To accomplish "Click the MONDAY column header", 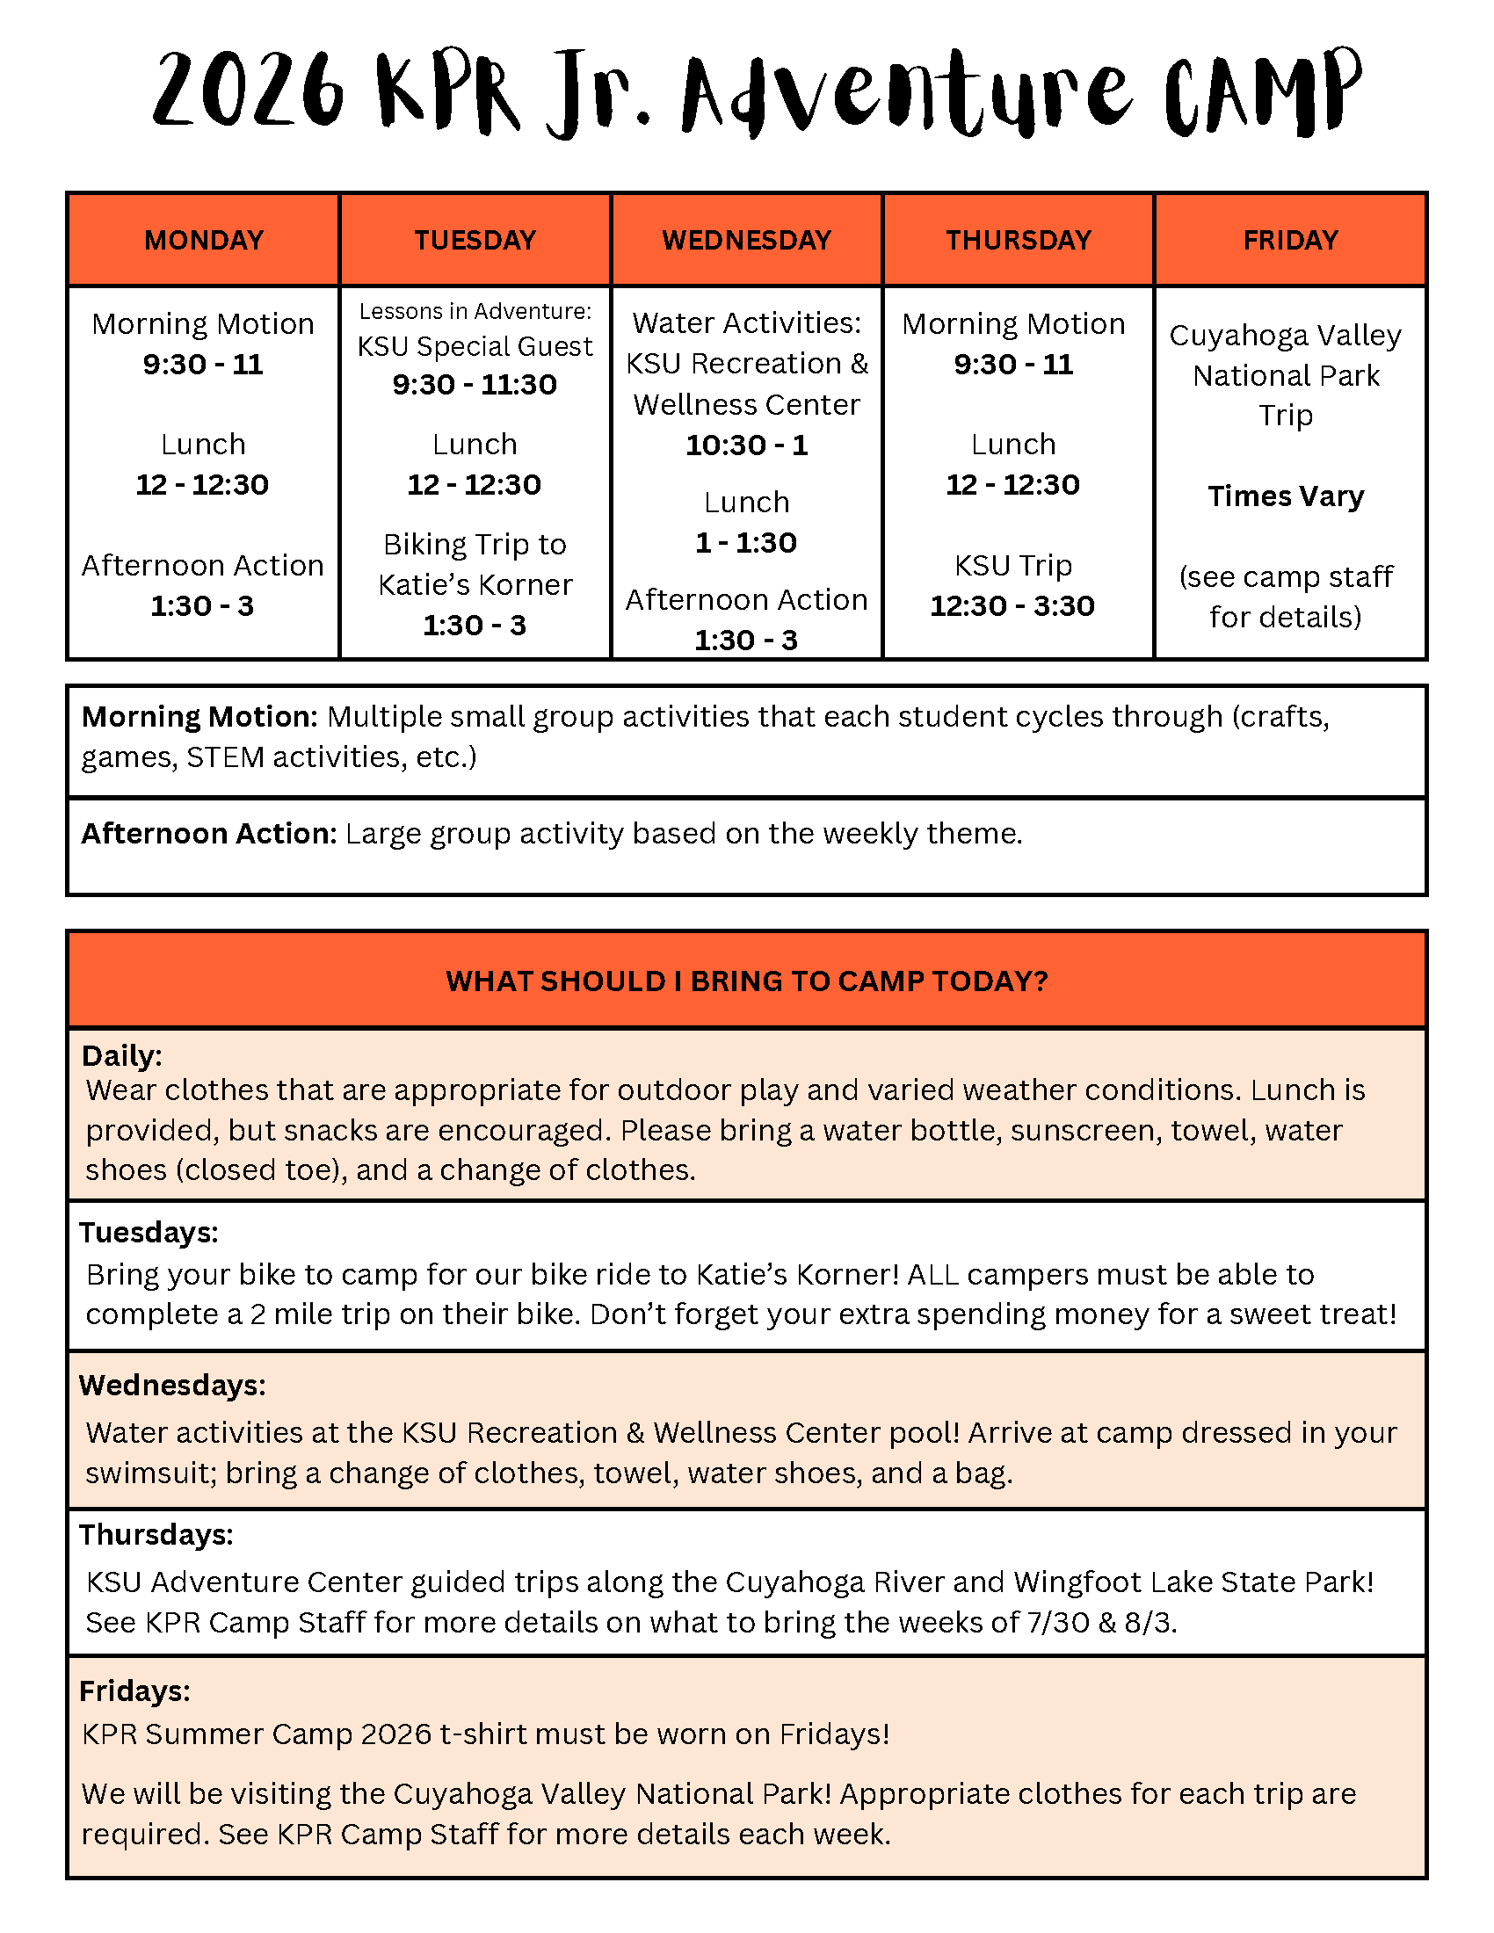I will [x=204, y=240].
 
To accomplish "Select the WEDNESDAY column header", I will [x=746, y=240].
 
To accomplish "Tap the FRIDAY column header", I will [x=1289, y=240].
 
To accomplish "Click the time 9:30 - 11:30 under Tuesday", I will [x=475, y=385].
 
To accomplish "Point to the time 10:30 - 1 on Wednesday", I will [x=746, y=445].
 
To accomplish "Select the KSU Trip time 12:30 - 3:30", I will [x=1012, y=606].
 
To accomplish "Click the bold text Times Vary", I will [x=1285, y=496].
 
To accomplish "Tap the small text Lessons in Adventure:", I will [x=475, y=312].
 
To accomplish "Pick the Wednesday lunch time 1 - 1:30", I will [x=746, y=542].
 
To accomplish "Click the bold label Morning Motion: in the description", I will [x=199, y=717].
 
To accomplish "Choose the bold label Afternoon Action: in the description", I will [x=209, y=834].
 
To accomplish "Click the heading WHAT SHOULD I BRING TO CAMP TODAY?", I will [x=746, y=981].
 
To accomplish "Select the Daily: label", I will [x=122, y=1056].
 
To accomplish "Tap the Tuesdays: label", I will [x=149, y=1233].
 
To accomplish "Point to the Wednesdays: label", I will [x=172, y=1385].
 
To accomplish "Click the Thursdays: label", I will [x=156, y=1535].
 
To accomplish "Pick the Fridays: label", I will [x=134, y=1691].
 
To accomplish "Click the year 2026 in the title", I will [x=248, y=90].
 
